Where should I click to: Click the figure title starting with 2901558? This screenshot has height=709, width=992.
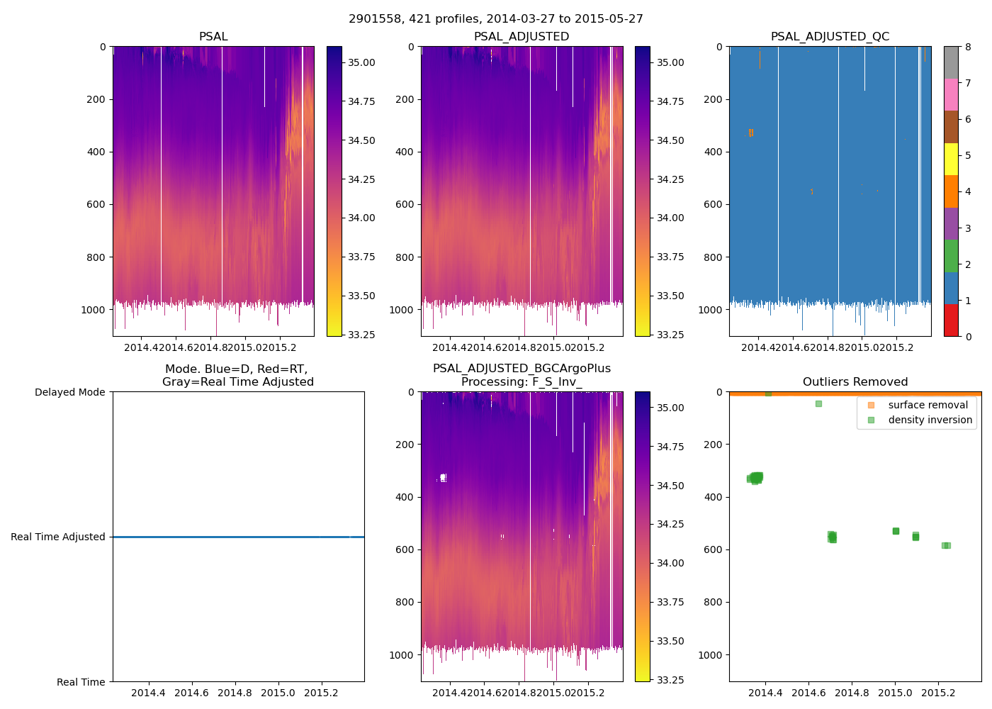[496, 19]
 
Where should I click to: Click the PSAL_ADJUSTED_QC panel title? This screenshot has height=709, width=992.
[830, 37]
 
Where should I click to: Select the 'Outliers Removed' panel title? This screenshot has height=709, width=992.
[855, 382]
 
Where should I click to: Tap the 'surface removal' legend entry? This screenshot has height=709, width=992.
[928, 405]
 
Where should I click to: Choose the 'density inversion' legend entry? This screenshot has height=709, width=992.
[930, 420]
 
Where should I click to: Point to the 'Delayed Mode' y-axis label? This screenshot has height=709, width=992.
[69, 392]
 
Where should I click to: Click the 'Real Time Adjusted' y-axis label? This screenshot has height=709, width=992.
[57, 537]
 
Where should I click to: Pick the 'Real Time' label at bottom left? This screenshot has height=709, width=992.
[81, 682]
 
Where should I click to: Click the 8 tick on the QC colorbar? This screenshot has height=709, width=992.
[969, 47]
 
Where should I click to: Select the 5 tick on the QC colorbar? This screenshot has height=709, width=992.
[969, 155]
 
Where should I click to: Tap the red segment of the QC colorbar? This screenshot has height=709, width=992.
[951, 320]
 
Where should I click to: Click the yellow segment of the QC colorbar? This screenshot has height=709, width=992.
[951, 159]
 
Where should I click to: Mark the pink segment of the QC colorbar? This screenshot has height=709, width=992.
[951, 94]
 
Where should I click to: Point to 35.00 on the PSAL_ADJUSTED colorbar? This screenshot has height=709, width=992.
[670, 62]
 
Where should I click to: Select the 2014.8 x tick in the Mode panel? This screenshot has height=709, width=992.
[235, 693]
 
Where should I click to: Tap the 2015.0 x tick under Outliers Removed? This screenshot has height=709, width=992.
[895, 693]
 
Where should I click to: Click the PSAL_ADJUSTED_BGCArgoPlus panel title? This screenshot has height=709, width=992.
[522, 369]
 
